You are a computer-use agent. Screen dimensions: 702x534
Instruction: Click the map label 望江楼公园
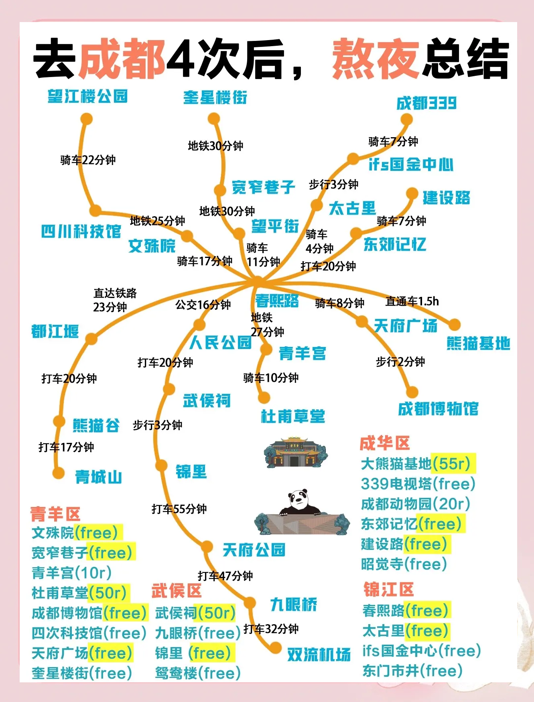(x=87, y=97)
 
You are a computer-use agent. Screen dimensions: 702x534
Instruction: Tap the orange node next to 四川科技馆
(x=95, y=211)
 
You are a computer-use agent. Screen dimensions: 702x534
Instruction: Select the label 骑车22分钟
(x=88, y=160)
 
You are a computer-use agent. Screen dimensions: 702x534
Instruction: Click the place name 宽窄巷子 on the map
(x=264, y=187)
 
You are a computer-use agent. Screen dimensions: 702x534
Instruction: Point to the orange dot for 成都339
(x=406, y=119)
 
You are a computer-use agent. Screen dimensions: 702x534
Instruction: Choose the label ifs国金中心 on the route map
(x=411, y=164)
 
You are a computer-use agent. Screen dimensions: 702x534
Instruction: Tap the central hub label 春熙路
(x=277, y=300)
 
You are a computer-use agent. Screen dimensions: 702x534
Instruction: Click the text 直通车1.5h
(x=412, y=301)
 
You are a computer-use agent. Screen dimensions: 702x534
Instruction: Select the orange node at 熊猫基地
(x=455, y=325)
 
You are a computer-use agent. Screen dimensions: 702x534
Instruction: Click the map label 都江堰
(x=55, y=331)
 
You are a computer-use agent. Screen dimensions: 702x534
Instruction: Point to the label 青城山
(x=99, y=477)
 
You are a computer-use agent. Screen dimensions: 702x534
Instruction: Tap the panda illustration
(x=302, y=503)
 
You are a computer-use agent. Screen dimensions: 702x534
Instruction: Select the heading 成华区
(x=384, y=443)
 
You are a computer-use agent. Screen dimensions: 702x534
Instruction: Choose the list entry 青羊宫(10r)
(x=71, y=573)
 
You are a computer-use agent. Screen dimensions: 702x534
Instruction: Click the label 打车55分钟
(x=179, y=509)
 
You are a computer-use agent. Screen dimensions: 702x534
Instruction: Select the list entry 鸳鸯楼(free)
(x=197, y=673)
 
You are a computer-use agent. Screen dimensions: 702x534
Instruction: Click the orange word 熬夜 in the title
(x=376, y=59)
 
